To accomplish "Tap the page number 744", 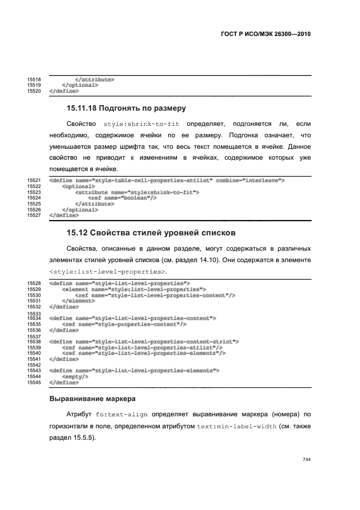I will point(306,459).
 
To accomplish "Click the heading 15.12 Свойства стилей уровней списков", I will point(151,233).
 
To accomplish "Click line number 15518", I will point(34,80).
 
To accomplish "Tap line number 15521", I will point(34,180).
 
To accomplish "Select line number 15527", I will point(34,215).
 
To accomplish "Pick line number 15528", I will point(34,283).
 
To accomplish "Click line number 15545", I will point(34,382).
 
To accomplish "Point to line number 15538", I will point(34,342).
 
